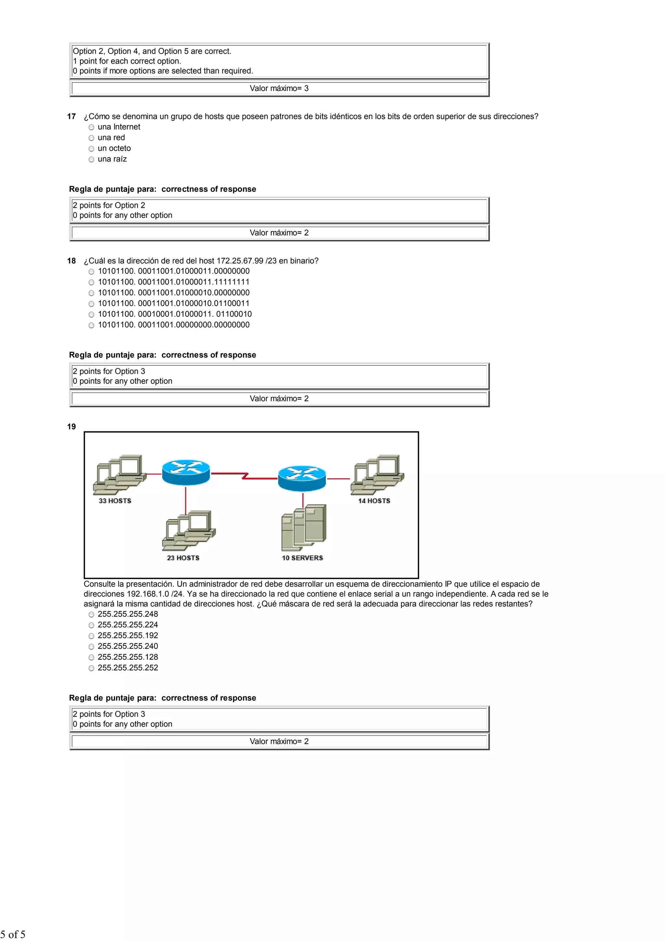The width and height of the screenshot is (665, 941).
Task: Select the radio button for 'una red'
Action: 91,138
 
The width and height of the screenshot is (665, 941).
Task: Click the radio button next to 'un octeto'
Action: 91,149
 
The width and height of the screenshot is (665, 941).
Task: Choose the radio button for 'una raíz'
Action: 91,159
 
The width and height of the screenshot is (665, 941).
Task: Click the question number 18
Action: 72,261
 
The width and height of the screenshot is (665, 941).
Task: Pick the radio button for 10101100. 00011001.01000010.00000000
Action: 91,293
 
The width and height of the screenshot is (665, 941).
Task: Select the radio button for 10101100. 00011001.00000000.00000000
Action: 91,325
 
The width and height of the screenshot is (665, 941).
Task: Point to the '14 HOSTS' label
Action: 374,501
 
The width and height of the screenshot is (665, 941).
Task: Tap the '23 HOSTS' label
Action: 183,558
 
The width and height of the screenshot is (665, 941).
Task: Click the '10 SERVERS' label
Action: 302,558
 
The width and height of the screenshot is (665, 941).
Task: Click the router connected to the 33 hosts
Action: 186,472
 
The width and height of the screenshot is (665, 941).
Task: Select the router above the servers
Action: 302,478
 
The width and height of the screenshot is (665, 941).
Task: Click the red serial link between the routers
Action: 244,476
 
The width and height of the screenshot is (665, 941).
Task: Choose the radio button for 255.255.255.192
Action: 91,636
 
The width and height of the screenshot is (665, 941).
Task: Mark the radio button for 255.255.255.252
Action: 91,668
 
